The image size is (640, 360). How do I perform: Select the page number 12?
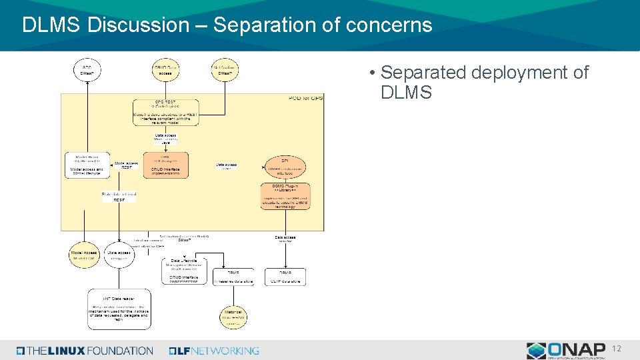617,349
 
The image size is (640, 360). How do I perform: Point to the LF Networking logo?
214,351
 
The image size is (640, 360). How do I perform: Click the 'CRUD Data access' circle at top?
166,70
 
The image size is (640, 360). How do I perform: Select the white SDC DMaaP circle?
87,70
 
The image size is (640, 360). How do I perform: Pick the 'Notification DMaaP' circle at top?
225,70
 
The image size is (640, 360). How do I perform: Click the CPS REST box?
166,111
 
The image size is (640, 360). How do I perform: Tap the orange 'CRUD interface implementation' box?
166,165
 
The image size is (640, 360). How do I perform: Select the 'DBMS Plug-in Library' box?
285,196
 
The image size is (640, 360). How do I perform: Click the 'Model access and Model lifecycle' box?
87,165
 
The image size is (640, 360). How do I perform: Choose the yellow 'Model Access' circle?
85,255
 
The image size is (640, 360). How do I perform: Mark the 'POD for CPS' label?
305,98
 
